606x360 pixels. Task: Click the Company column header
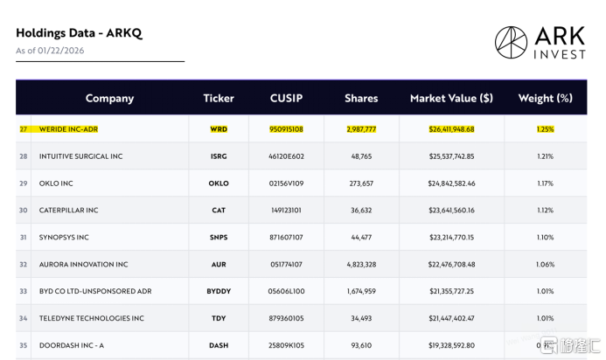109,98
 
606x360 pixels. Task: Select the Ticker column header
219,98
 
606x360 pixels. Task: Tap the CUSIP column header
286,98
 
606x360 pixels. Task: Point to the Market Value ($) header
451,98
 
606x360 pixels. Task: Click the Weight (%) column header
545,98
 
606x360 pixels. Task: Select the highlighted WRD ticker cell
219,129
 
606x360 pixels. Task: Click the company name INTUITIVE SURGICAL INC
81,156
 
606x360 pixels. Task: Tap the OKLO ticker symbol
219,183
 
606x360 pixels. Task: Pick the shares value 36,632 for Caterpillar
361,211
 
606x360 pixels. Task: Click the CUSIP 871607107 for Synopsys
286,238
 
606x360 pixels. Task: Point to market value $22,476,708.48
451,265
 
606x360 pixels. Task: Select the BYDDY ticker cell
219,291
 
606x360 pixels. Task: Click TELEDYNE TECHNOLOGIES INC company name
91,318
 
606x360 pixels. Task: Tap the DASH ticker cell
219,345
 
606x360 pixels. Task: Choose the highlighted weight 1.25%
545,129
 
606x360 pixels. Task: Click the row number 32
23,265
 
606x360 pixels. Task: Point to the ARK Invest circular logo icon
511,42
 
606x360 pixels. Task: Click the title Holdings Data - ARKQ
79,33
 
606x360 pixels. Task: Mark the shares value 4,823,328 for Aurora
361,265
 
